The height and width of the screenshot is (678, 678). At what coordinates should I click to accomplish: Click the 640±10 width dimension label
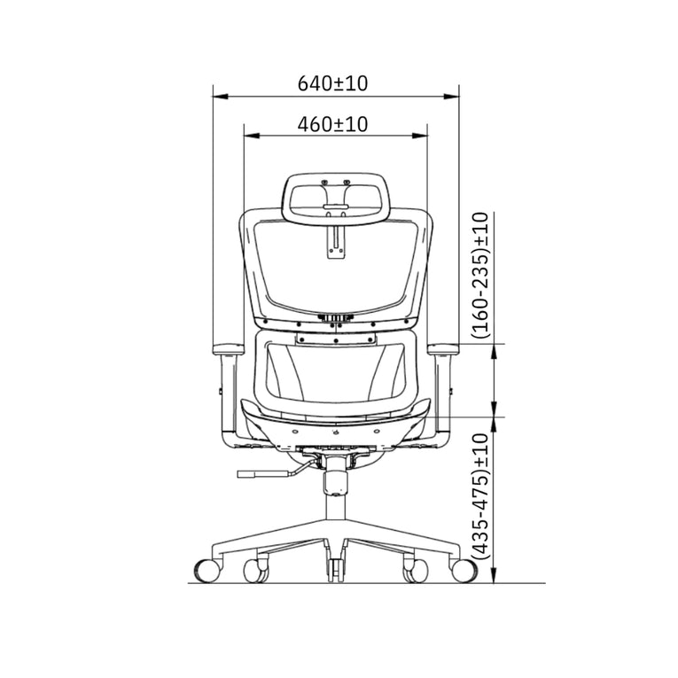tap(334, 84)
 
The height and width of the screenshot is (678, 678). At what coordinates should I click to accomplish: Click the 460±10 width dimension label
tap(334, 125)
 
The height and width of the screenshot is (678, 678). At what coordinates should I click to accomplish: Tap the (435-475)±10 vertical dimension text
tap(480, 495)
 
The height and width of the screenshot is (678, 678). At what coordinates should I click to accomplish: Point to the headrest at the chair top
tap(337, 196)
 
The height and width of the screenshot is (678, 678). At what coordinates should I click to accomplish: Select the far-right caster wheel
tap(464, 570)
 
